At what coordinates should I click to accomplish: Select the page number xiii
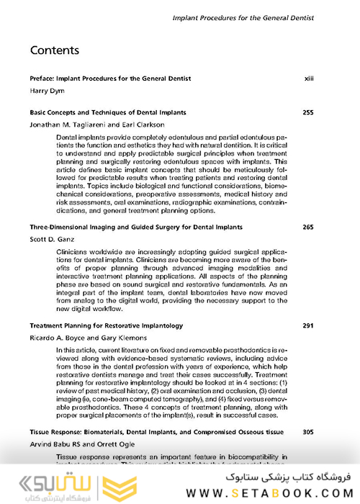click(x=309, y=78)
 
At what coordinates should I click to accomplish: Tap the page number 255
click(x=308, y=112)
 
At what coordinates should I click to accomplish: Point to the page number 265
click(x=308, y=227)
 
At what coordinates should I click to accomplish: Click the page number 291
click(x=308, y=325)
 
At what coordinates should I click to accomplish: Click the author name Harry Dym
click(x=47, y=91)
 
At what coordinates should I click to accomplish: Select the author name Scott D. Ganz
click(x=54, y=239)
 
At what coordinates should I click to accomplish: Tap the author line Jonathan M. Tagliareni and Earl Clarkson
click(x=97, y=125)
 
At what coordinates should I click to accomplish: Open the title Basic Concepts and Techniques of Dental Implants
click(x=108, y=112)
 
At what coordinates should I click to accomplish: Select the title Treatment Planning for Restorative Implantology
click(x=107, y=325)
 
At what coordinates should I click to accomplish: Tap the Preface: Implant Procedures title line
click(x=110, y=78)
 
